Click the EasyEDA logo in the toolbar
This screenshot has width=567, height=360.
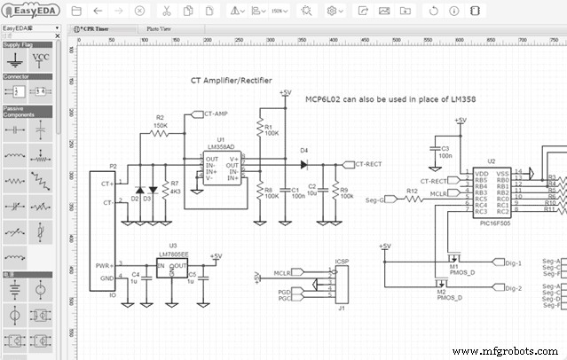pos(32,11)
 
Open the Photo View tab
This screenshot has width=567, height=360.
pos(160,28)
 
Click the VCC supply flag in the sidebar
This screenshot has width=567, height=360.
pos(42,59)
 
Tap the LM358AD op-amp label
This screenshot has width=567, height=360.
pos(220,147)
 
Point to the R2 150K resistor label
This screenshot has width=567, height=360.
pos(160,121)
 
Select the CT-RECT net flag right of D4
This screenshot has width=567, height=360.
pos(367,164)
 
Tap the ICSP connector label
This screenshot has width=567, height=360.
pos(342,262)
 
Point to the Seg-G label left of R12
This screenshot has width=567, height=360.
pos(375,200)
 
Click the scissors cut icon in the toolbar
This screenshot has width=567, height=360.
pos(166,11)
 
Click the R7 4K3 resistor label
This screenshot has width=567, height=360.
pos(175,188)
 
